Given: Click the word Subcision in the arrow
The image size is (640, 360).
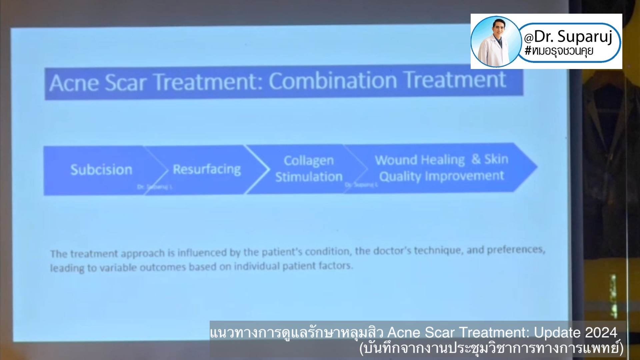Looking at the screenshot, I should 101,170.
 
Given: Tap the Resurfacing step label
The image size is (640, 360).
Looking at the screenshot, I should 207,169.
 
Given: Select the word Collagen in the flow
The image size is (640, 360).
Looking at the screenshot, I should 309,161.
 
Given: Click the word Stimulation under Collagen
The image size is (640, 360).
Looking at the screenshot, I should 309,177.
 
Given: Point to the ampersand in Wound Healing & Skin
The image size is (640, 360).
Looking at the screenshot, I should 476,159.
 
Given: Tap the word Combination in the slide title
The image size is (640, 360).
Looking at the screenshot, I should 333,81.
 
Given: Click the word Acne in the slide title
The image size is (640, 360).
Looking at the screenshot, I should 74,83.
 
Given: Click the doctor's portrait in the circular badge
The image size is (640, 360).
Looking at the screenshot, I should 496,42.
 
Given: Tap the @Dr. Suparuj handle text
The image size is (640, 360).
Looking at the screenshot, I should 568,37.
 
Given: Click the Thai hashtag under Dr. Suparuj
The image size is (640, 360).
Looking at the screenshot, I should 559,51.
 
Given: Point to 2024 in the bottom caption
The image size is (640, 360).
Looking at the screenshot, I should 601,332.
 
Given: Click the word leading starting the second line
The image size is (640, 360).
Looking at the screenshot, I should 67,268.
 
